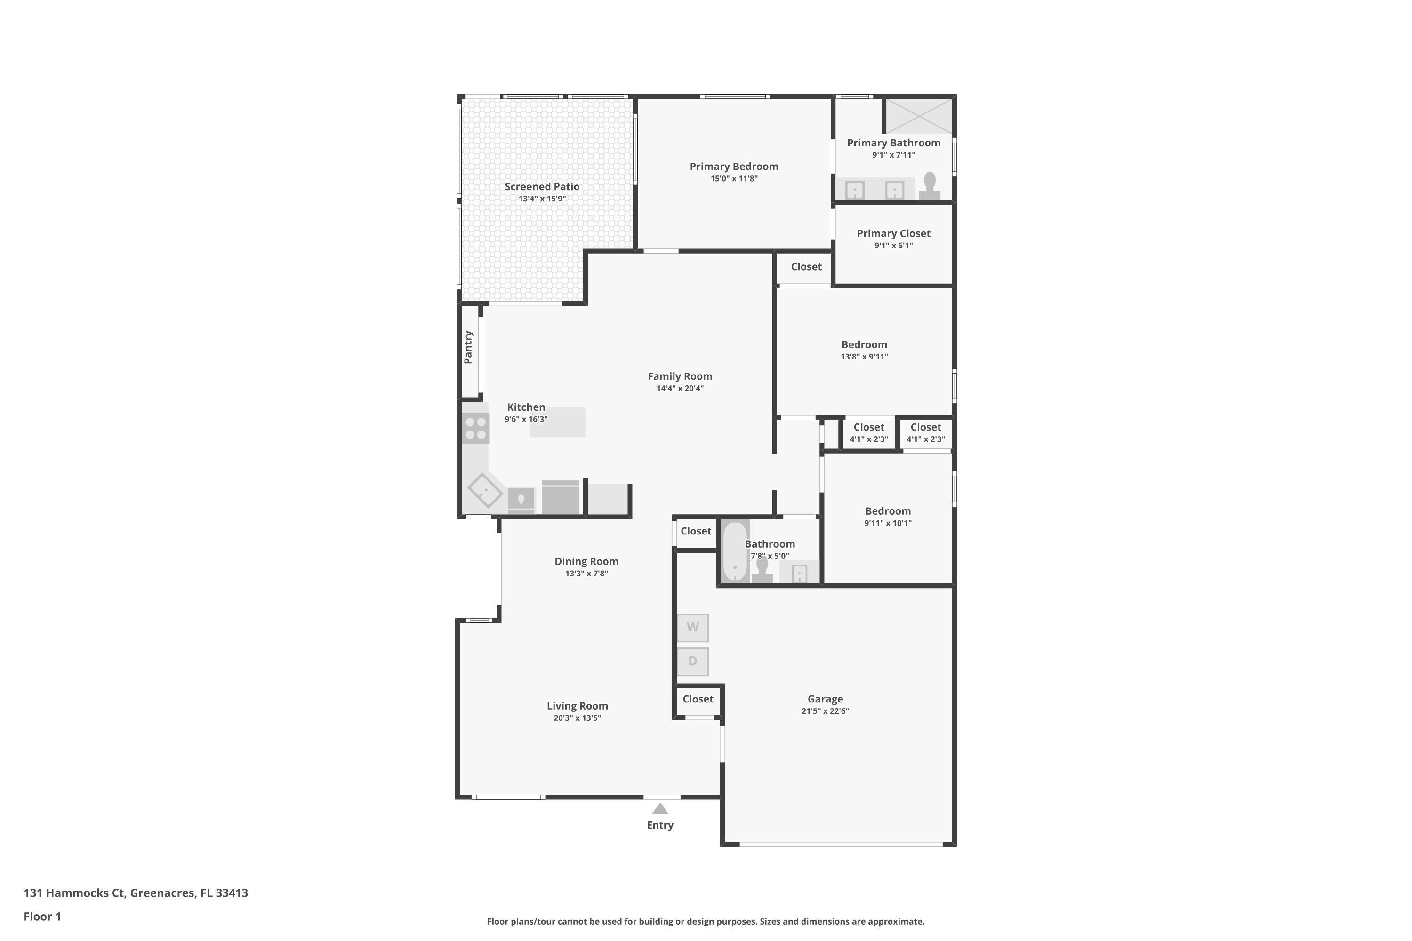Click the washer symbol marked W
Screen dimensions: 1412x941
(693, 628)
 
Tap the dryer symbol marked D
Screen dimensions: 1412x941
(693, 662)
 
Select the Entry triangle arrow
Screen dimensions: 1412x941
(660, 808)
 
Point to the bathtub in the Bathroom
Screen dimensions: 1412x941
(735, 551)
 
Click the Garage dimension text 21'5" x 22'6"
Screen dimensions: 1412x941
(825, 711)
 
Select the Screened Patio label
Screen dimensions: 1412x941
(542, 187)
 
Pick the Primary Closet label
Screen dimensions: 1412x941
(893, 233)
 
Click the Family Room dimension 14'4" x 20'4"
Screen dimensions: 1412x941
(680, 388)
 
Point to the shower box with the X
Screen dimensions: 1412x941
(919, 116)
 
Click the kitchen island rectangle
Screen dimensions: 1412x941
(557, 423)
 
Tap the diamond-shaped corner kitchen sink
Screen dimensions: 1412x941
(485, 491)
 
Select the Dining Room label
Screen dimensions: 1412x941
(586, 561)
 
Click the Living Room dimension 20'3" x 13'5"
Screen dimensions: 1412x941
(577, 718)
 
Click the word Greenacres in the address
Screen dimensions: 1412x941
(163, 893)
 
